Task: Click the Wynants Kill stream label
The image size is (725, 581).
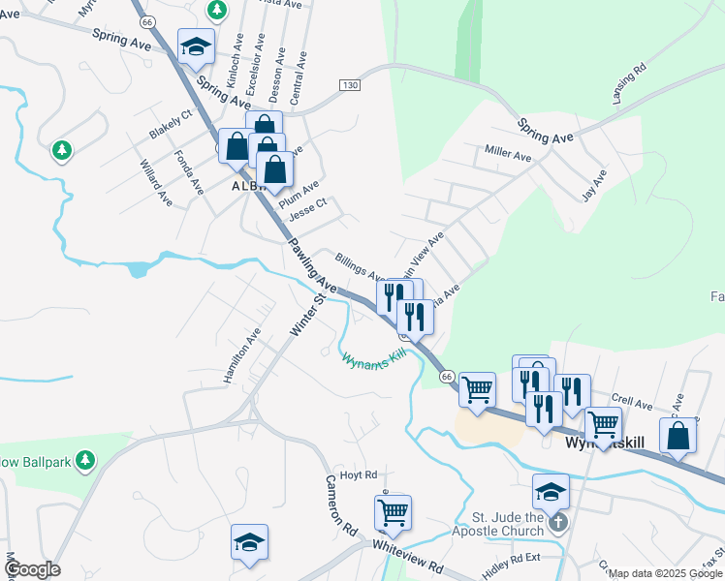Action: pyautogui.click(x=372, y=359)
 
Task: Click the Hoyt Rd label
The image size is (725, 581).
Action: pyautogui.click(x=358, y=475)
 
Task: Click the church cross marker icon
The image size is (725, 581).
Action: pyautogui.click(x=556, y=524)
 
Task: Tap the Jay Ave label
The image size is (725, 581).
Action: pyautogui.click(x=593, y=185)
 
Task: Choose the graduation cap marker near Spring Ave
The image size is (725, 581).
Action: pyautogui.click(x=195, y=46)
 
